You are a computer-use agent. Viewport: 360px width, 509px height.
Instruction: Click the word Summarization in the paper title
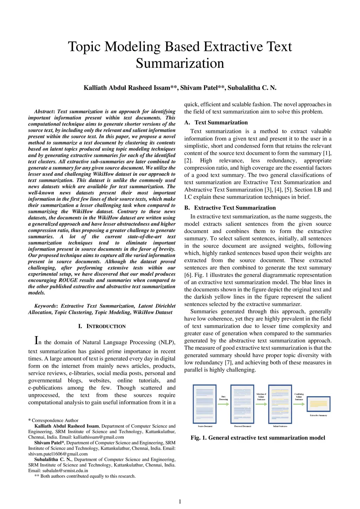(180, 64)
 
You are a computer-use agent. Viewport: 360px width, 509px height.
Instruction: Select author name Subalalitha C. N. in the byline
(252, 88)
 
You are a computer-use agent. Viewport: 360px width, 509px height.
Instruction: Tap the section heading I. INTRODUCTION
(102, 326)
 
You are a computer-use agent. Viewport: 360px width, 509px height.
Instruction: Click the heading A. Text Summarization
(216, 122)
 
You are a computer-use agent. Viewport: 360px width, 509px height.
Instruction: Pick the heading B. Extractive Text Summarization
(230, 208)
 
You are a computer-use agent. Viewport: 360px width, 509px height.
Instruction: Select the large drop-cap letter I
(36, 340)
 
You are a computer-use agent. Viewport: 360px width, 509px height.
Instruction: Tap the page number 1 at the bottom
(180, 502)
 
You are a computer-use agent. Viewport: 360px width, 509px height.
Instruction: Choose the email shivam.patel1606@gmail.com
(58, 454)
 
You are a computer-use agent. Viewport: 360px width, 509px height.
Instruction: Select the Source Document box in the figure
(205, 404)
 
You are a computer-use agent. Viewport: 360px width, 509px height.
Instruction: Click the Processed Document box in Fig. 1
(242, 404)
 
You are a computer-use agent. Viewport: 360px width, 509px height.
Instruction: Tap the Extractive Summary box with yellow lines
(318, 404)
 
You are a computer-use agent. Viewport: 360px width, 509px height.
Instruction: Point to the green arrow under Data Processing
(224, 404)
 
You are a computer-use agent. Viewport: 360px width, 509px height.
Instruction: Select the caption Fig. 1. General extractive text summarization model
(258, 438)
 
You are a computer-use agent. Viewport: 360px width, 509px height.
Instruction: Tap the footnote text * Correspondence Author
(53, 420)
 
